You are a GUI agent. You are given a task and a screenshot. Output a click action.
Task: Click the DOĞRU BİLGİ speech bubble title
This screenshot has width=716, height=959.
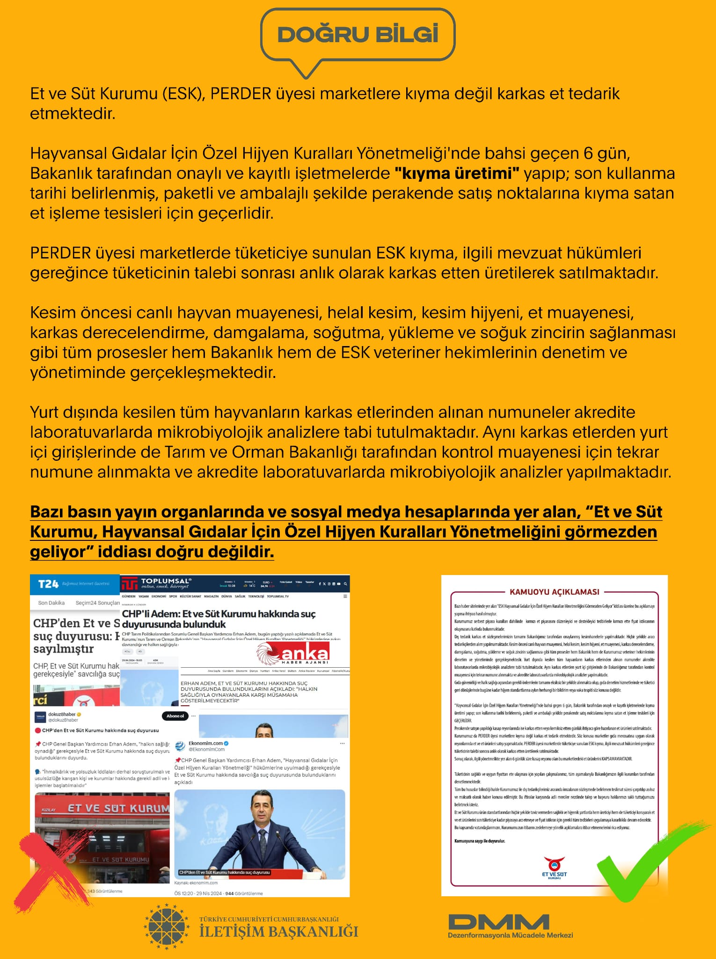[x=358, y=35]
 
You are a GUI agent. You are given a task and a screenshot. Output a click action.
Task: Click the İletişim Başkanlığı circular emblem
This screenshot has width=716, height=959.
[x=167, y=927]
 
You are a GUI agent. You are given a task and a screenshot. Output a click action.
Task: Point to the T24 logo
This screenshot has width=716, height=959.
[x=48, y=584]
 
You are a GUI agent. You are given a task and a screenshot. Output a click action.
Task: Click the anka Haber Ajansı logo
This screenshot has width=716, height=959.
[x=293, y=654]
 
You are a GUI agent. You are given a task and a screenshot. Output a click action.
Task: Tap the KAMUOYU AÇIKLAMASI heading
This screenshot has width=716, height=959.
[x=554, y=592]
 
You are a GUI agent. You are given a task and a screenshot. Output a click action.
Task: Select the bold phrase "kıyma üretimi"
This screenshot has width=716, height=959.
[x=457, y=174]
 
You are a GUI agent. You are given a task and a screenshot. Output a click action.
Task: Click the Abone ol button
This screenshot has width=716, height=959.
[x=175, y=716]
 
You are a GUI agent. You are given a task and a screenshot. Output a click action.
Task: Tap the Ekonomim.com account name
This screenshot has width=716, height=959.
[x=205, y=743]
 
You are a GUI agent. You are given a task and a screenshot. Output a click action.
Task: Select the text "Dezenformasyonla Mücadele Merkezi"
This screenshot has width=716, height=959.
[x=510, y=935]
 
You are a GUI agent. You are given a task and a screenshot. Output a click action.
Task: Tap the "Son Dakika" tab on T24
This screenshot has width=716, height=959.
[x=51, y=603]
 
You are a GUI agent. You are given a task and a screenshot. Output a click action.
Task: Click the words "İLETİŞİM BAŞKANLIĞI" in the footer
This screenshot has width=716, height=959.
[x=278, y=931]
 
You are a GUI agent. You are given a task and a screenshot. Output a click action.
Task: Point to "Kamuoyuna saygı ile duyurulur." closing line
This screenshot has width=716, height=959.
[x=480, y=841]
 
